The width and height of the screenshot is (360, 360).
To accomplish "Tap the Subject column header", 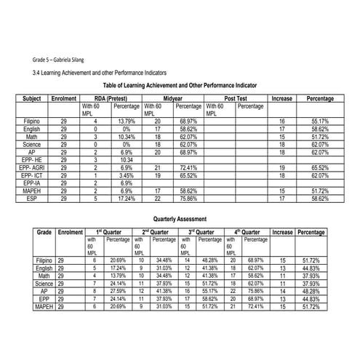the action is (31, 97).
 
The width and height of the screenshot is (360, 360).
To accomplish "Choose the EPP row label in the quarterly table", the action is (44, 298).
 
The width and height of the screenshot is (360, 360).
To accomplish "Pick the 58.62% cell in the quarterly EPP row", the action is (211, 298).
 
